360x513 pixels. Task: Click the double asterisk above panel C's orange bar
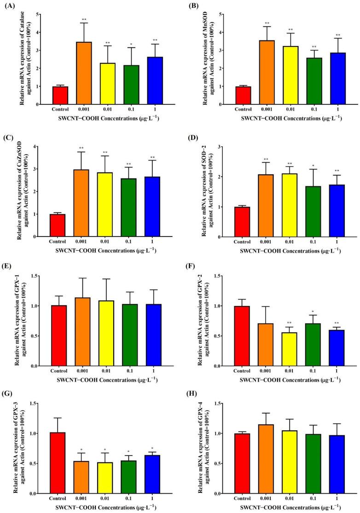tap(84, 148)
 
